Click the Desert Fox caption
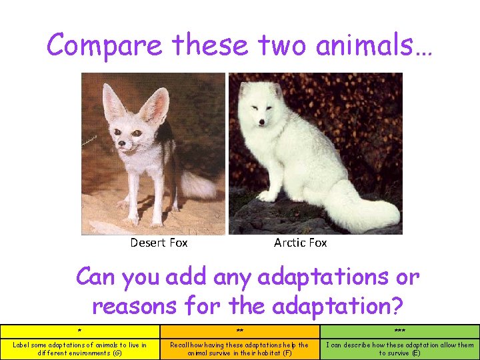(x=159, y=243)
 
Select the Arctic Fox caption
(x=300, y=243)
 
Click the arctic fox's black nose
(x=261, y=123)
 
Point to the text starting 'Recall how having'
(x=239, y=349)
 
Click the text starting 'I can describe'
(x=400, y=349)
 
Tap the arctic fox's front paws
(x=267, y=195)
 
